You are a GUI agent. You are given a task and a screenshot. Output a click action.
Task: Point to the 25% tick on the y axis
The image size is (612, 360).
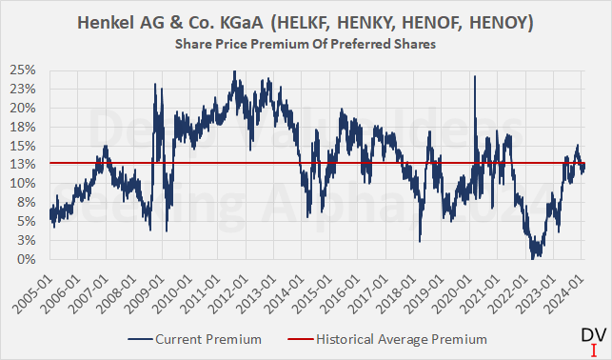point(24,70)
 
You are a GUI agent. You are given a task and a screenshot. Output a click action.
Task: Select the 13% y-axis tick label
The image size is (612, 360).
point(24,164)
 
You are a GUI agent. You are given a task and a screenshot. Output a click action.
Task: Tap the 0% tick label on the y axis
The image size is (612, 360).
point(27,259)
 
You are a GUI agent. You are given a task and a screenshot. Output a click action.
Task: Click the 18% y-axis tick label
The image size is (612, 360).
point(24,127)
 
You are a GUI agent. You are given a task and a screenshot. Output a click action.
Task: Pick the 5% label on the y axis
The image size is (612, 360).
point(27,221)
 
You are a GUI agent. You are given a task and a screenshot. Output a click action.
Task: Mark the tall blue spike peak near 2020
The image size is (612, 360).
point(474,76)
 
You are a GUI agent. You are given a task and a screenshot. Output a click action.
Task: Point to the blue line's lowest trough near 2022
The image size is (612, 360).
point(535,258)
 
